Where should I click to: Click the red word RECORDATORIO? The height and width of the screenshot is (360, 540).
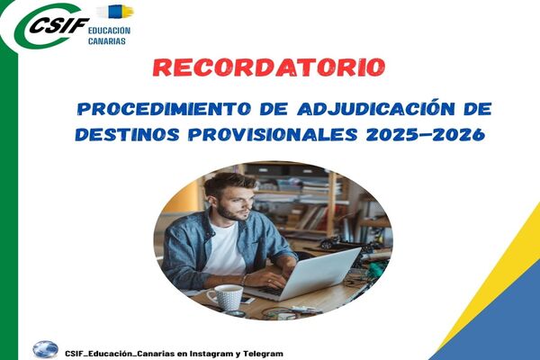click(269, 67)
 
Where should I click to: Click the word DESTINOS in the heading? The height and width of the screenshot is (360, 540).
click(127, 134)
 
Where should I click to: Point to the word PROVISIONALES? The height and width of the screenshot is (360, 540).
click(273, 134)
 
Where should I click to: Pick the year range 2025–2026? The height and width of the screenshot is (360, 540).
click(426, 134)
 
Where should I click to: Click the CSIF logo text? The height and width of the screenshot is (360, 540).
click(59, 25)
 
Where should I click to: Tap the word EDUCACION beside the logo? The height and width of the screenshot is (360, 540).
click(109, 31)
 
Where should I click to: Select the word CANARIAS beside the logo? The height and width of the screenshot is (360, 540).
click(107, 41)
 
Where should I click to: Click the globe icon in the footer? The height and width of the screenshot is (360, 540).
click(46, 349)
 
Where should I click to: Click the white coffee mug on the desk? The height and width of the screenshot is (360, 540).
click(226, 297)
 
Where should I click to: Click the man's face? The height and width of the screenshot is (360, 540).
click(235, 202)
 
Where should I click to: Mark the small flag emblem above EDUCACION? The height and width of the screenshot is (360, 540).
click(115, 12)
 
